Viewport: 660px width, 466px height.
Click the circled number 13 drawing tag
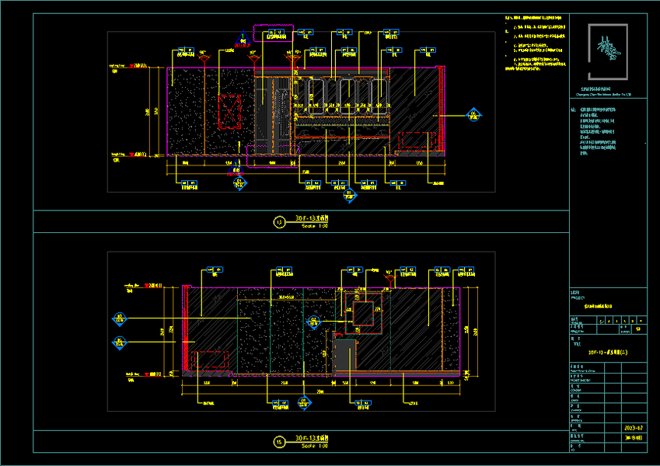[279, 221]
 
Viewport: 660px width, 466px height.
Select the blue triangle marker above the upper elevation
[243, 36]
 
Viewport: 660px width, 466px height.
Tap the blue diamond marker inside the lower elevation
[315, 321]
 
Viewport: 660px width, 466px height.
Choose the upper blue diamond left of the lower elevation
[120, 318]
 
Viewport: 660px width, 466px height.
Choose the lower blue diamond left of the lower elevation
[120, 342]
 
